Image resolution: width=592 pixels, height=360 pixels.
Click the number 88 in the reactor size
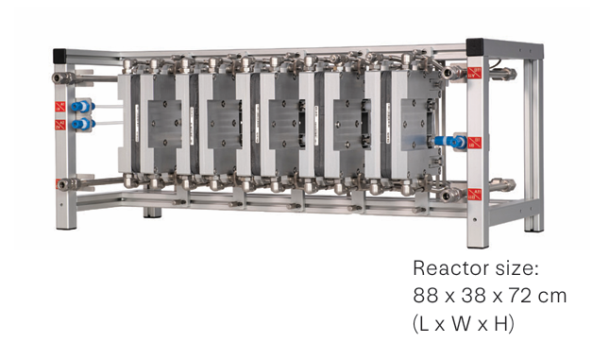[426, 296]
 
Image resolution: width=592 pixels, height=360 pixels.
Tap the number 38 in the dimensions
[474, 296]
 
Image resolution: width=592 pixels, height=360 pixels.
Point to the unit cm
[552, 297]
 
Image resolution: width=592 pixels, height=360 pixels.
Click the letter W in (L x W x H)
[462, 324]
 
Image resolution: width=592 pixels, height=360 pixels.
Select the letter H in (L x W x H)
[500, 324]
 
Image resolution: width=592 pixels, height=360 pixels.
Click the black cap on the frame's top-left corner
[59, 56]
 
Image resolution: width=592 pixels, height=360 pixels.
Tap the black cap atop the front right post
[475, 47]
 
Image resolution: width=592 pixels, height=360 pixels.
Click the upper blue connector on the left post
[82, 107]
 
